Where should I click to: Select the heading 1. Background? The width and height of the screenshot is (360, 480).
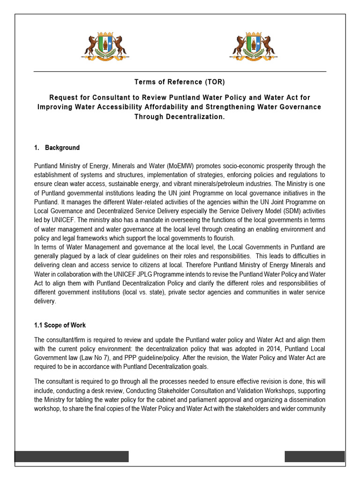[57, 148]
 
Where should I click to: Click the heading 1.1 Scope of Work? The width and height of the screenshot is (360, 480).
[60, 325]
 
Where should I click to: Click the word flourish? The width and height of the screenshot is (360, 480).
[220, 238]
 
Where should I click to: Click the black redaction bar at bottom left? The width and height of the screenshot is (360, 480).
[71, 457]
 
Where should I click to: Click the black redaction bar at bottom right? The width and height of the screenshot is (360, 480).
[315, 457]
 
